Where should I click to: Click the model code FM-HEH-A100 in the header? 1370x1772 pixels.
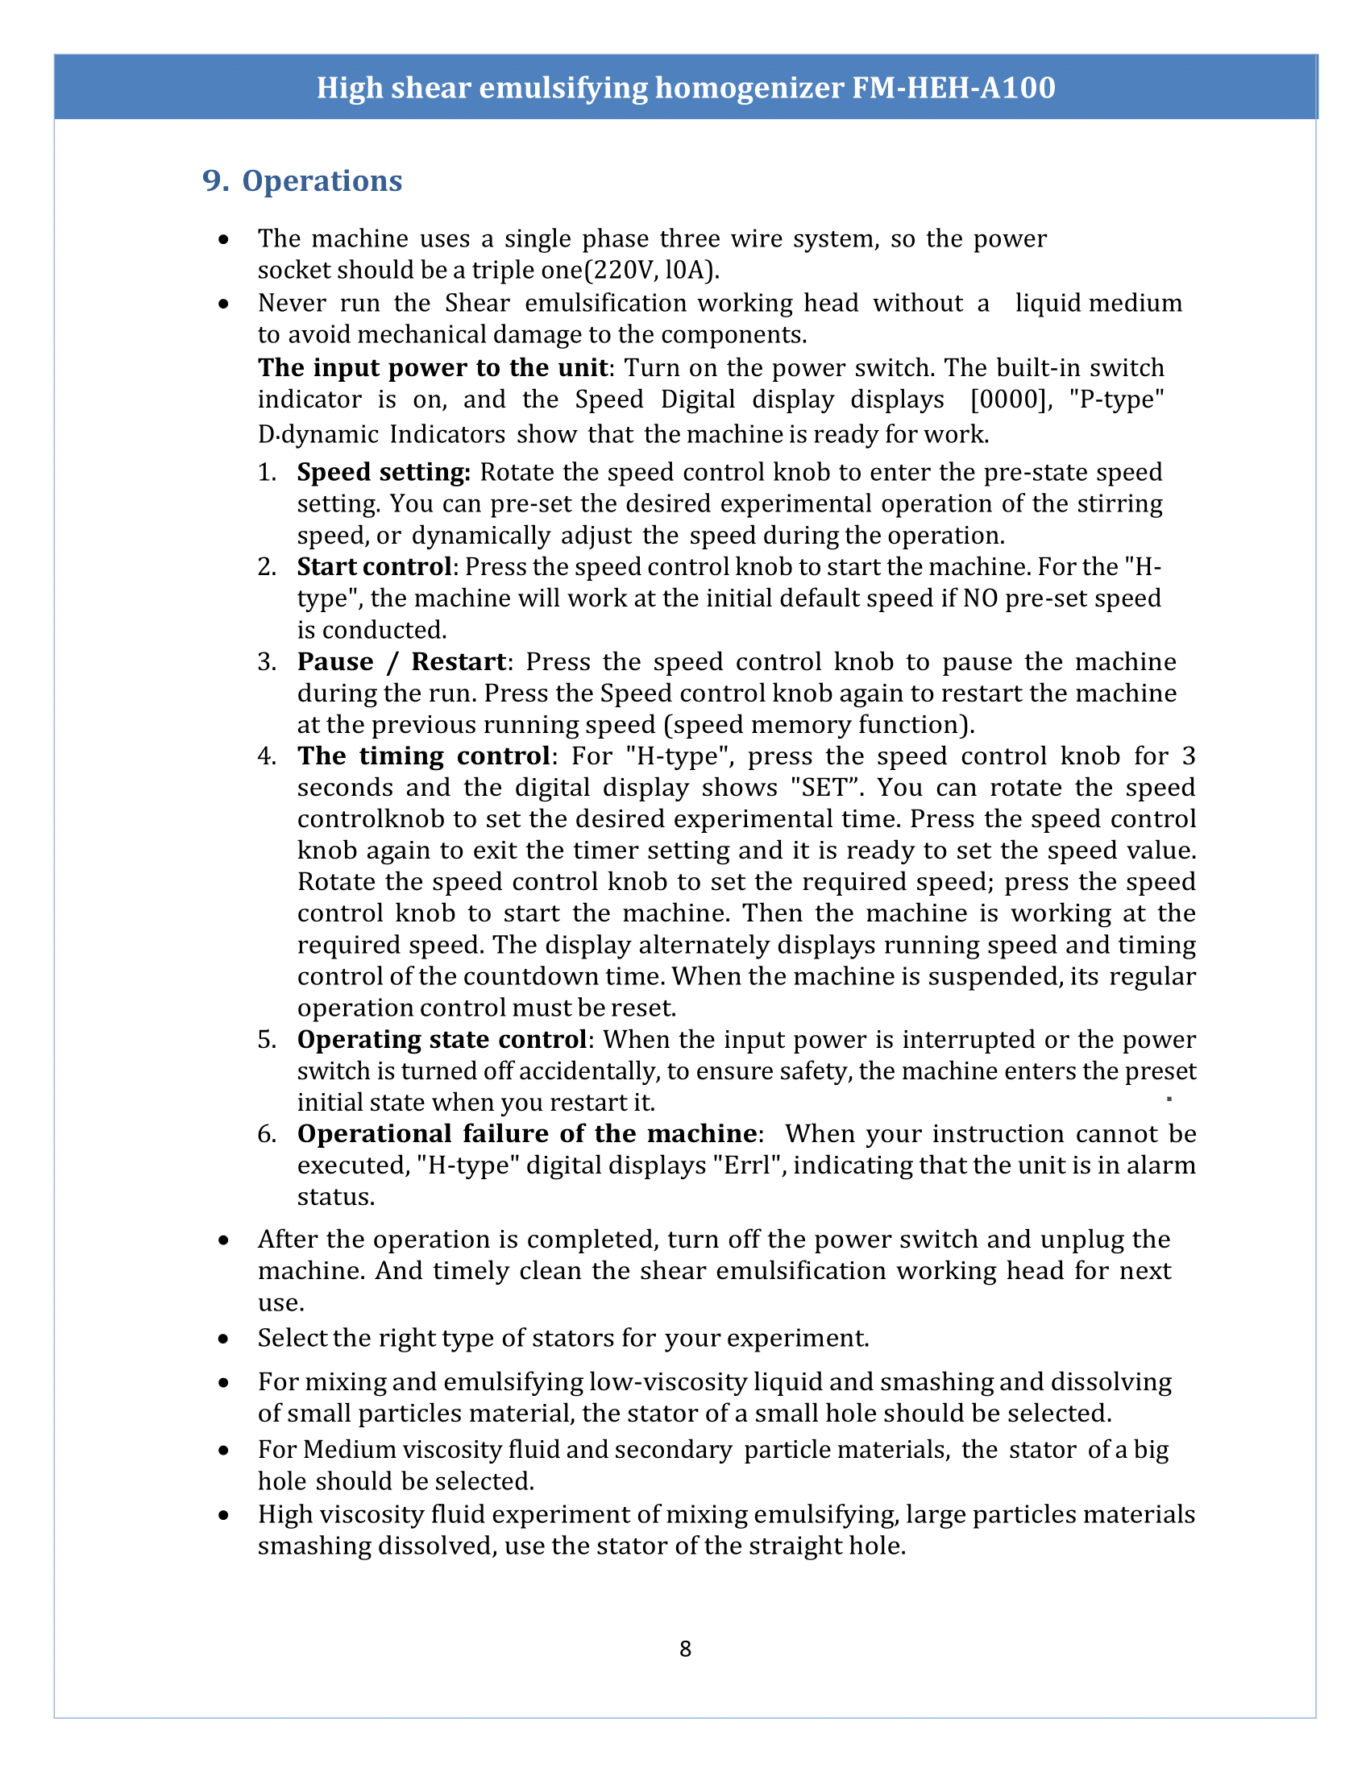(953, 88)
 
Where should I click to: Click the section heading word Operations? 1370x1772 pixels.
(322, 181)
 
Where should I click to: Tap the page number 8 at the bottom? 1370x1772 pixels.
(685, 1649)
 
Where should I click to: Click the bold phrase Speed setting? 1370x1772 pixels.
(384, 472)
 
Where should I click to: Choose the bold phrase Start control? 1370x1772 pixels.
(374, 566)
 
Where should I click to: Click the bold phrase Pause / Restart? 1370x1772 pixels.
(402, 661)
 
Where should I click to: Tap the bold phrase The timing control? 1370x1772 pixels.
(424, 756)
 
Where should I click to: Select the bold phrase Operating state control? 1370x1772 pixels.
(442, 1039)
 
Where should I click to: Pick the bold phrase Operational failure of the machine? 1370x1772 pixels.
(527, 1133)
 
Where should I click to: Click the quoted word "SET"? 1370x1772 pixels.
(825, 788)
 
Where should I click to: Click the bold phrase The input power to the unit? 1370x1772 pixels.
(433, 368)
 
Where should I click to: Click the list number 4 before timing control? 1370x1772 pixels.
(266, 756)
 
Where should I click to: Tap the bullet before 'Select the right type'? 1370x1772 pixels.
(224, 1339)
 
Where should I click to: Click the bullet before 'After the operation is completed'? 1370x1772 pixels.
(224, 1241)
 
